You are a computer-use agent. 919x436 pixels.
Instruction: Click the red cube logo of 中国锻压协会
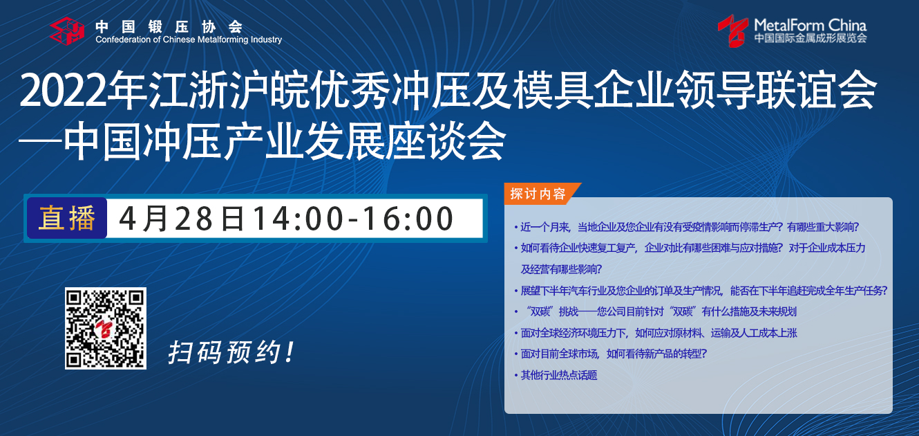pyautogui.click(x=67, y=30)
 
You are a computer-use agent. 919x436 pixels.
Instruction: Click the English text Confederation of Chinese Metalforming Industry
pyautogui.click(x=189, y=40)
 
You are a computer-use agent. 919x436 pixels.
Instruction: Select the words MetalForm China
pyautogui.click(x=811, y=26)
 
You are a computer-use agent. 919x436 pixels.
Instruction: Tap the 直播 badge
pyautogui.click(x=67, y=218)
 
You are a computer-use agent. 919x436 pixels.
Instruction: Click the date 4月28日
pyautogui.click(x=181, y=218)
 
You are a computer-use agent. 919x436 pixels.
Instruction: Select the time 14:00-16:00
pyautogui.click(x=353, y=219)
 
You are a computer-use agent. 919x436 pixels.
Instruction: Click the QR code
pyautogui.click(x=106, y=328)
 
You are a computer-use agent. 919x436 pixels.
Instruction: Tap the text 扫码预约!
pyautogui.click(x=231, y=352)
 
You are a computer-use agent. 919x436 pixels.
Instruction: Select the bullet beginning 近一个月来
pyautogui.click(x=687, y=227)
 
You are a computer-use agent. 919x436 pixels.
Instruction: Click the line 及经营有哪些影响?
pyautogui.click(x=561, y=269)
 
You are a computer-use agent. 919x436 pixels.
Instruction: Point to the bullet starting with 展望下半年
pyautogui.click(x=701, y=291)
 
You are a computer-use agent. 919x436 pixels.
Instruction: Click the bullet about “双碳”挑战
pyautogui.click(x=656, y=311)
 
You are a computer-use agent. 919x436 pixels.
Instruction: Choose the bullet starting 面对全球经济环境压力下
pyautogui.click(x=656, y=333)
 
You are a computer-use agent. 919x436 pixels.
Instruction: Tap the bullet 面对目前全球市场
pyautogui.click(x=611, y=354)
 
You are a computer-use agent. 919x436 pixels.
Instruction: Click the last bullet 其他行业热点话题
pyautogui.click(x=556, y=375)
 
